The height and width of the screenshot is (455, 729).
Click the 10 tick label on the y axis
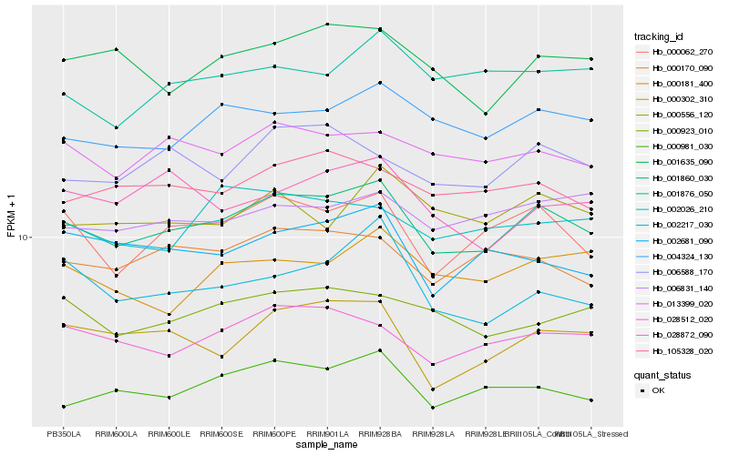coord(25,238)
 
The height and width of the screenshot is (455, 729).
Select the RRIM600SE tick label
coord(221,434)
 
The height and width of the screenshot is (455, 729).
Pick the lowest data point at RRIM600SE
coord(221,375)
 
